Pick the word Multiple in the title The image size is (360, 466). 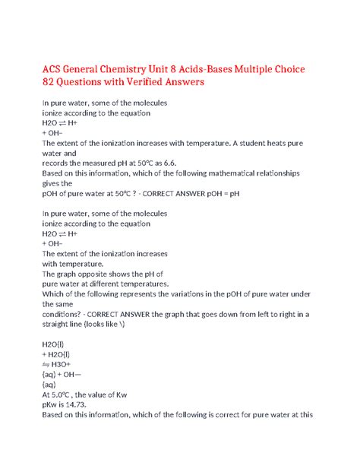pos(293,62)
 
